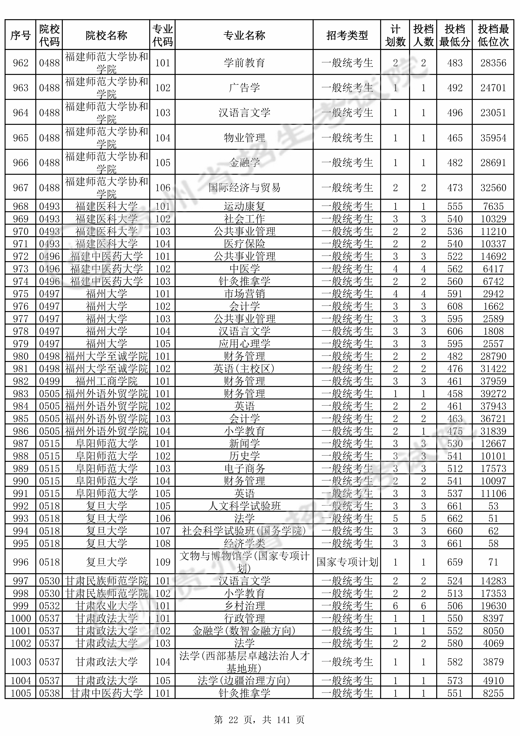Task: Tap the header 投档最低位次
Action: click(493, 35)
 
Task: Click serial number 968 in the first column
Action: click(21, 206)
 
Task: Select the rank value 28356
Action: click(493, 63)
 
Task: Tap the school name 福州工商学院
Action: click(106, 381)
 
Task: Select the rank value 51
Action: click(493, 519)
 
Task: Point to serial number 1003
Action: click(21, 662)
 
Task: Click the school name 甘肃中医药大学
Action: click(106, 693)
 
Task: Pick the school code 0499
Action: click(49, 381)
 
